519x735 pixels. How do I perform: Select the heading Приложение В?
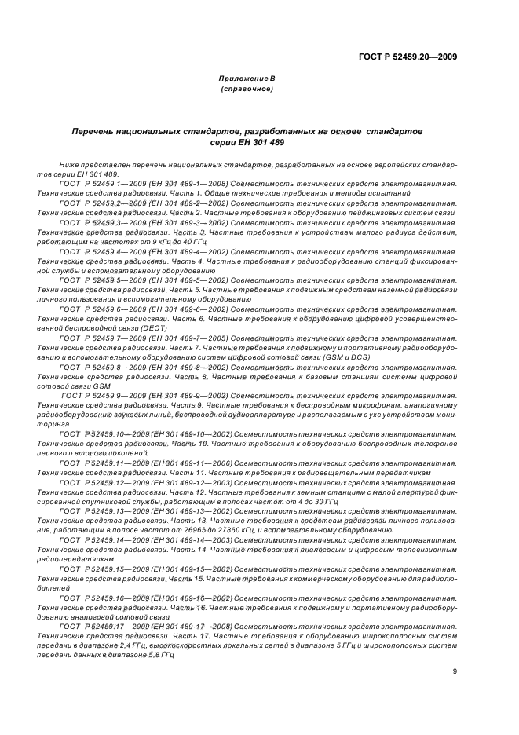pos(247,79)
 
